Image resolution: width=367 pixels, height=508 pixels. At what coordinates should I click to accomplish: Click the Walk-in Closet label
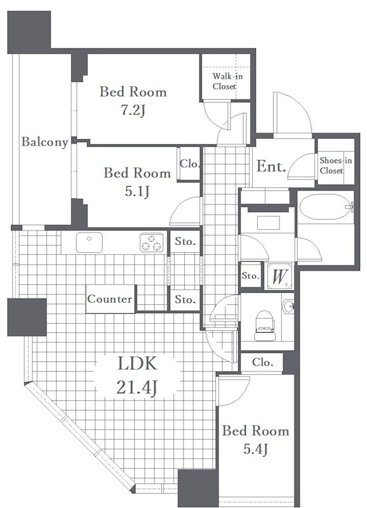[x=227, y=81]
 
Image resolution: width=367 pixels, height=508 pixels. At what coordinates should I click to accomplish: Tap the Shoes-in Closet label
[x=336, y=165]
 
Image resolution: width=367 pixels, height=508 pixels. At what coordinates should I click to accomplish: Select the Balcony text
[x=44, y=142]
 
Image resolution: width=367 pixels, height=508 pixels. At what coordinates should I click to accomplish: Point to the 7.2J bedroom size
[x=133, y=110]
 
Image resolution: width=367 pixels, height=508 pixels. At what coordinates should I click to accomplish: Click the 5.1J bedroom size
[x=137, y=192]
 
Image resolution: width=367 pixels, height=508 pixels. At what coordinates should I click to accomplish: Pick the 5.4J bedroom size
[x=256, y=449]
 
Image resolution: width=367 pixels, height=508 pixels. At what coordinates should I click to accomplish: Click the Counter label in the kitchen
[x=110, y=298]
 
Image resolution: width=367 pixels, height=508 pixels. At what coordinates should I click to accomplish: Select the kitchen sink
[x=89, y=243]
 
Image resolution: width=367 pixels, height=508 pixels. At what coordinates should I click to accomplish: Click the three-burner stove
[x=152, y=243]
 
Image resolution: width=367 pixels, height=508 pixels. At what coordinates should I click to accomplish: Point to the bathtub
[x=326, y=207]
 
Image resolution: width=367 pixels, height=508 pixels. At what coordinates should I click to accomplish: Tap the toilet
[x=265, y=326]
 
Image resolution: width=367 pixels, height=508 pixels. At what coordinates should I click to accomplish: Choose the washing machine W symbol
[x=279, y=277]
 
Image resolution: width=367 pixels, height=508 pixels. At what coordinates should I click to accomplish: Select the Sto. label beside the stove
[x=185, y=241]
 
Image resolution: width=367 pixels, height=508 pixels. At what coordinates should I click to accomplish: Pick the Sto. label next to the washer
[x=251, y=276]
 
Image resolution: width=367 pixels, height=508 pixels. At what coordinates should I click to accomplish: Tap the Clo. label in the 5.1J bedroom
[x=189, y=164]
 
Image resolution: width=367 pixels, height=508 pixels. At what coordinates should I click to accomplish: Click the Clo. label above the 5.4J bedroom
[x=262, y=362]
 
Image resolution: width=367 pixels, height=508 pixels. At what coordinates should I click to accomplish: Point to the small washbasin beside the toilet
[x=288, y=307]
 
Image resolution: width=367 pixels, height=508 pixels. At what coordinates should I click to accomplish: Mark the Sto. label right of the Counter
[x=185, y=299]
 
